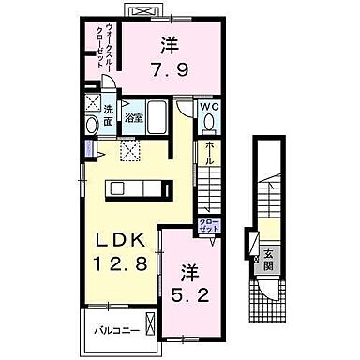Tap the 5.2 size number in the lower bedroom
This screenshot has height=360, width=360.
tap(189, 294)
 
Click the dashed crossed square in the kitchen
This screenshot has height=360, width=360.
tap(128, 148)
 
